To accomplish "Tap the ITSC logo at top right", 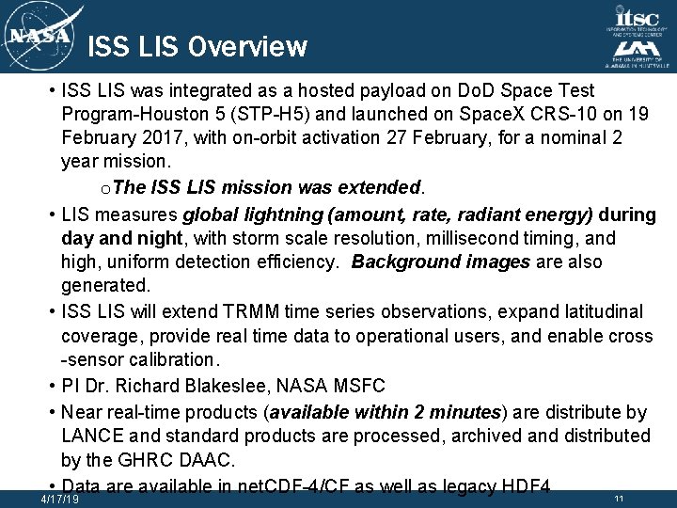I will pos(638,20).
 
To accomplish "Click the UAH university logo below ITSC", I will pos(638,55).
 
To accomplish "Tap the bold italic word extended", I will pos(374,186).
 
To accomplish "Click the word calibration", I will pos(164,359).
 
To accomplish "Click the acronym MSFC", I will pos(359,386).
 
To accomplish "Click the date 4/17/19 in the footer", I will pos(60,500).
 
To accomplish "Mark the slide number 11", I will pos(618,498).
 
